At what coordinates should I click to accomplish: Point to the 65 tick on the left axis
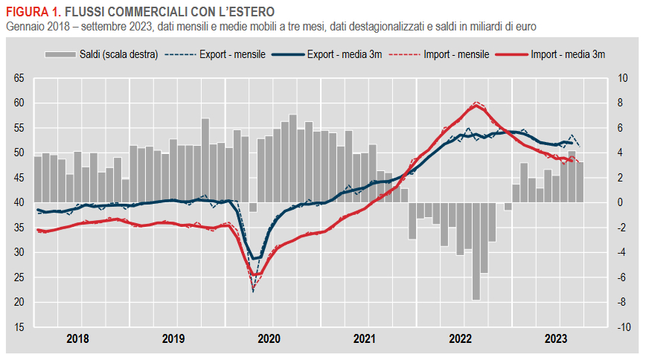[x=19, y=78]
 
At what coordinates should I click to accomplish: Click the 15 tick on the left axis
[x=19, y=327]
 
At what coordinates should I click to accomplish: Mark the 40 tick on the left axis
[x=19, y=202]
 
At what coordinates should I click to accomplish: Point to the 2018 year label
[x=77, y=339]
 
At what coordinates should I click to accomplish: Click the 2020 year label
[x=269, y=339]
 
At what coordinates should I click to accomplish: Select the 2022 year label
[x=460, y=339]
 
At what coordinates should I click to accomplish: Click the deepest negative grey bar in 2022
[x=476, y=251]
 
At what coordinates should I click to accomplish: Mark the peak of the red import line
[x=476, y=105]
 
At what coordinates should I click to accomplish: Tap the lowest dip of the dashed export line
[x=253, y=292]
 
